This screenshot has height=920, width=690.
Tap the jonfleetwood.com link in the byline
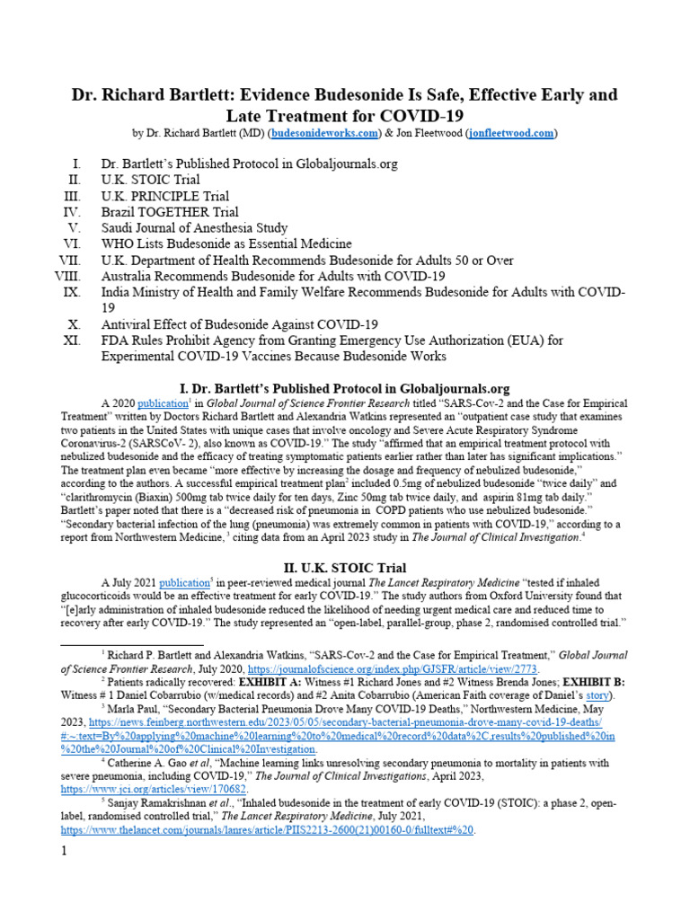(511, 134)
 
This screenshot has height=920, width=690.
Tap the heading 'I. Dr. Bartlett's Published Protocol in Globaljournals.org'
(344, 388)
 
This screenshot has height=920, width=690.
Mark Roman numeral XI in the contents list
(72, 341)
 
